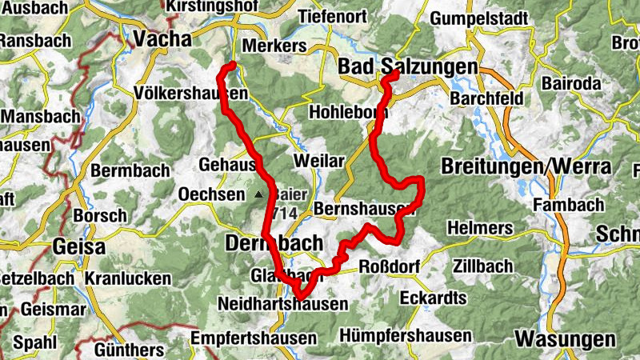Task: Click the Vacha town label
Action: point(162,39)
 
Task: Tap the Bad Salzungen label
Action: point(408,66)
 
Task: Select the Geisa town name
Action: point(78,246)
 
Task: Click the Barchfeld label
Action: point(486,98)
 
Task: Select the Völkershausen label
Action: point(192,94)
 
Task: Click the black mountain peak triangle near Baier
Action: point(258,194)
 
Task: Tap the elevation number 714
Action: point(285,214)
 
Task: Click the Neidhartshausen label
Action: point(282,304)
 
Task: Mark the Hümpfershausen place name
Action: point(405,335)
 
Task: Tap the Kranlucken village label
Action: point(127,278)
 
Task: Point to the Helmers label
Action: point(480,228)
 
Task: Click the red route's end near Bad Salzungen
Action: point(395,74)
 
